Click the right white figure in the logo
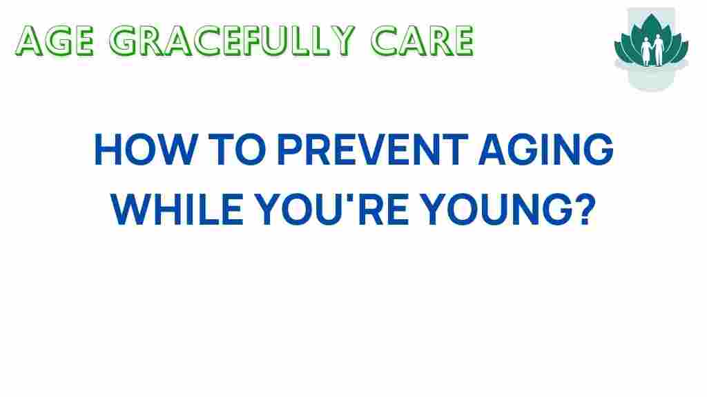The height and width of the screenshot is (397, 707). click(x=659, y=49)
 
